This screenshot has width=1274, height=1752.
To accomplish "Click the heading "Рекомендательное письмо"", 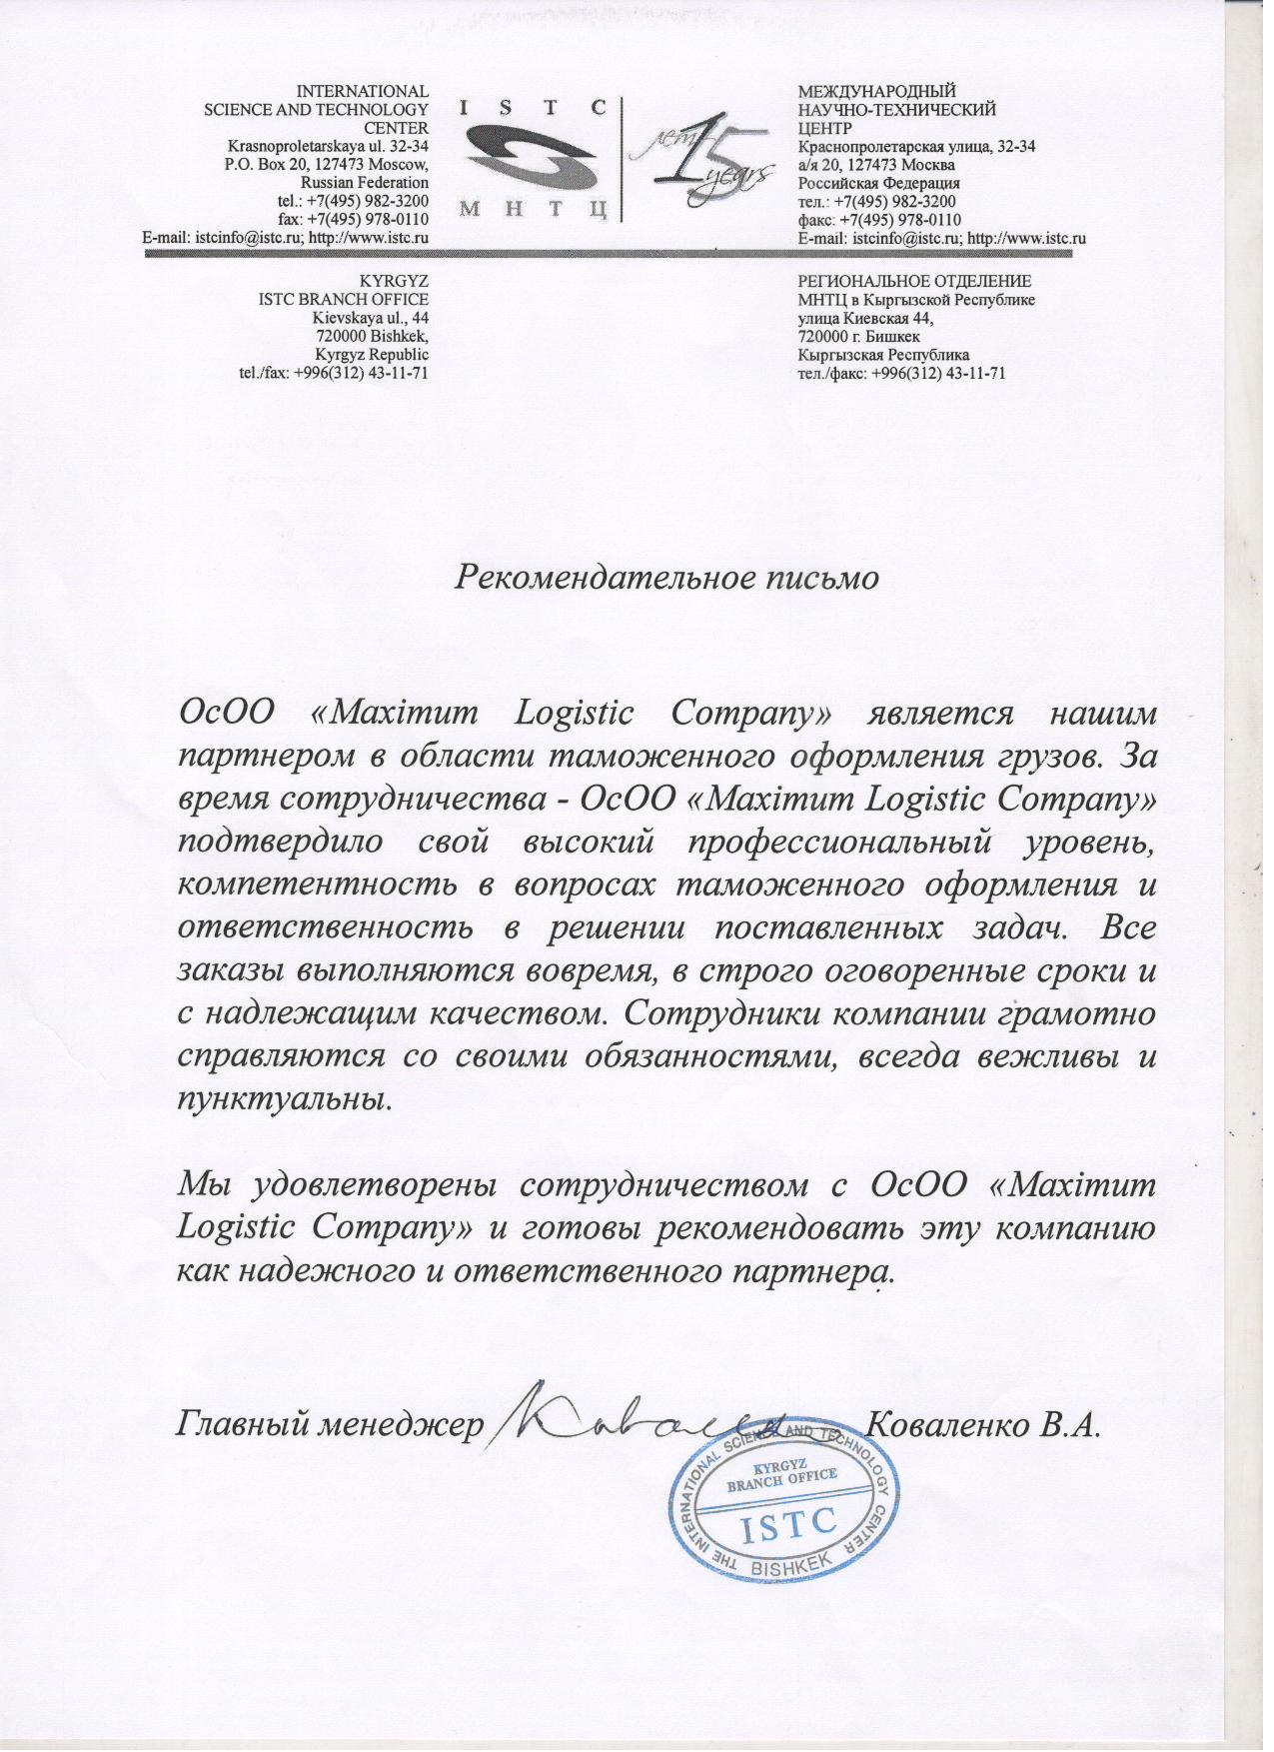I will pos(666,578).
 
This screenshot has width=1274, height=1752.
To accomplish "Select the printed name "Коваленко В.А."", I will pos(984,1423).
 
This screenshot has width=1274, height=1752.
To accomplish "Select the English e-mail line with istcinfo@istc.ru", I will pos(286,238).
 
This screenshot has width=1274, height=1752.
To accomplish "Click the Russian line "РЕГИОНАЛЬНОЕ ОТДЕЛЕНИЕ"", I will pos(914,282).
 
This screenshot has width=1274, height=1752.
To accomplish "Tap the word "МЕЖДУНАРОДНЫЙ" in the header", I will pos(876,93).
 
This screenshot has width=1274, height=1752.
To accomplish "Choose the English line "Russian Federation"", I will pos(365,183).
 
